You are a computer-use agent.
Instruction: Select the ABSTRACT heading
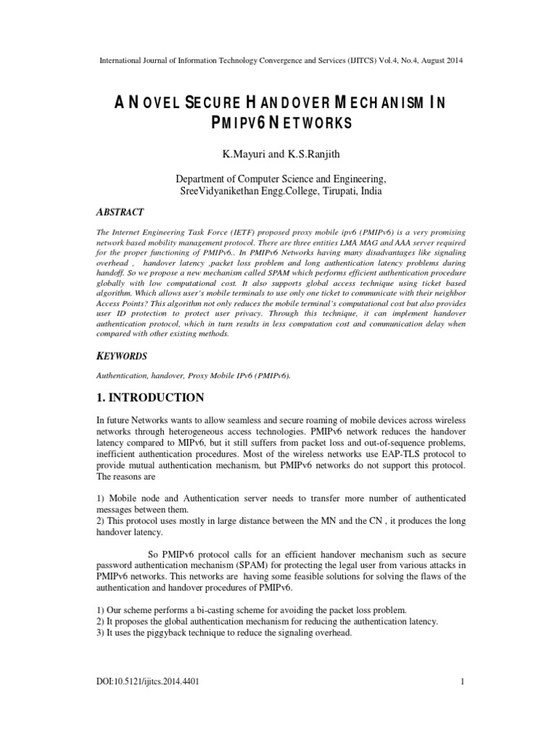click(x=120, y=213)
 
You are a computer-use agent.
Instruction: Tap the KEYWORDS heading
click(x=122, y=356)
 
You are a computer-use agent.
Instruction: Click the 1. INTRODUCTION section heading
click(x=150, y=398)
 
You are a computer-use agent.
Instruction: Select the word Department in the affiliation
click(x=205, y=178)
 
